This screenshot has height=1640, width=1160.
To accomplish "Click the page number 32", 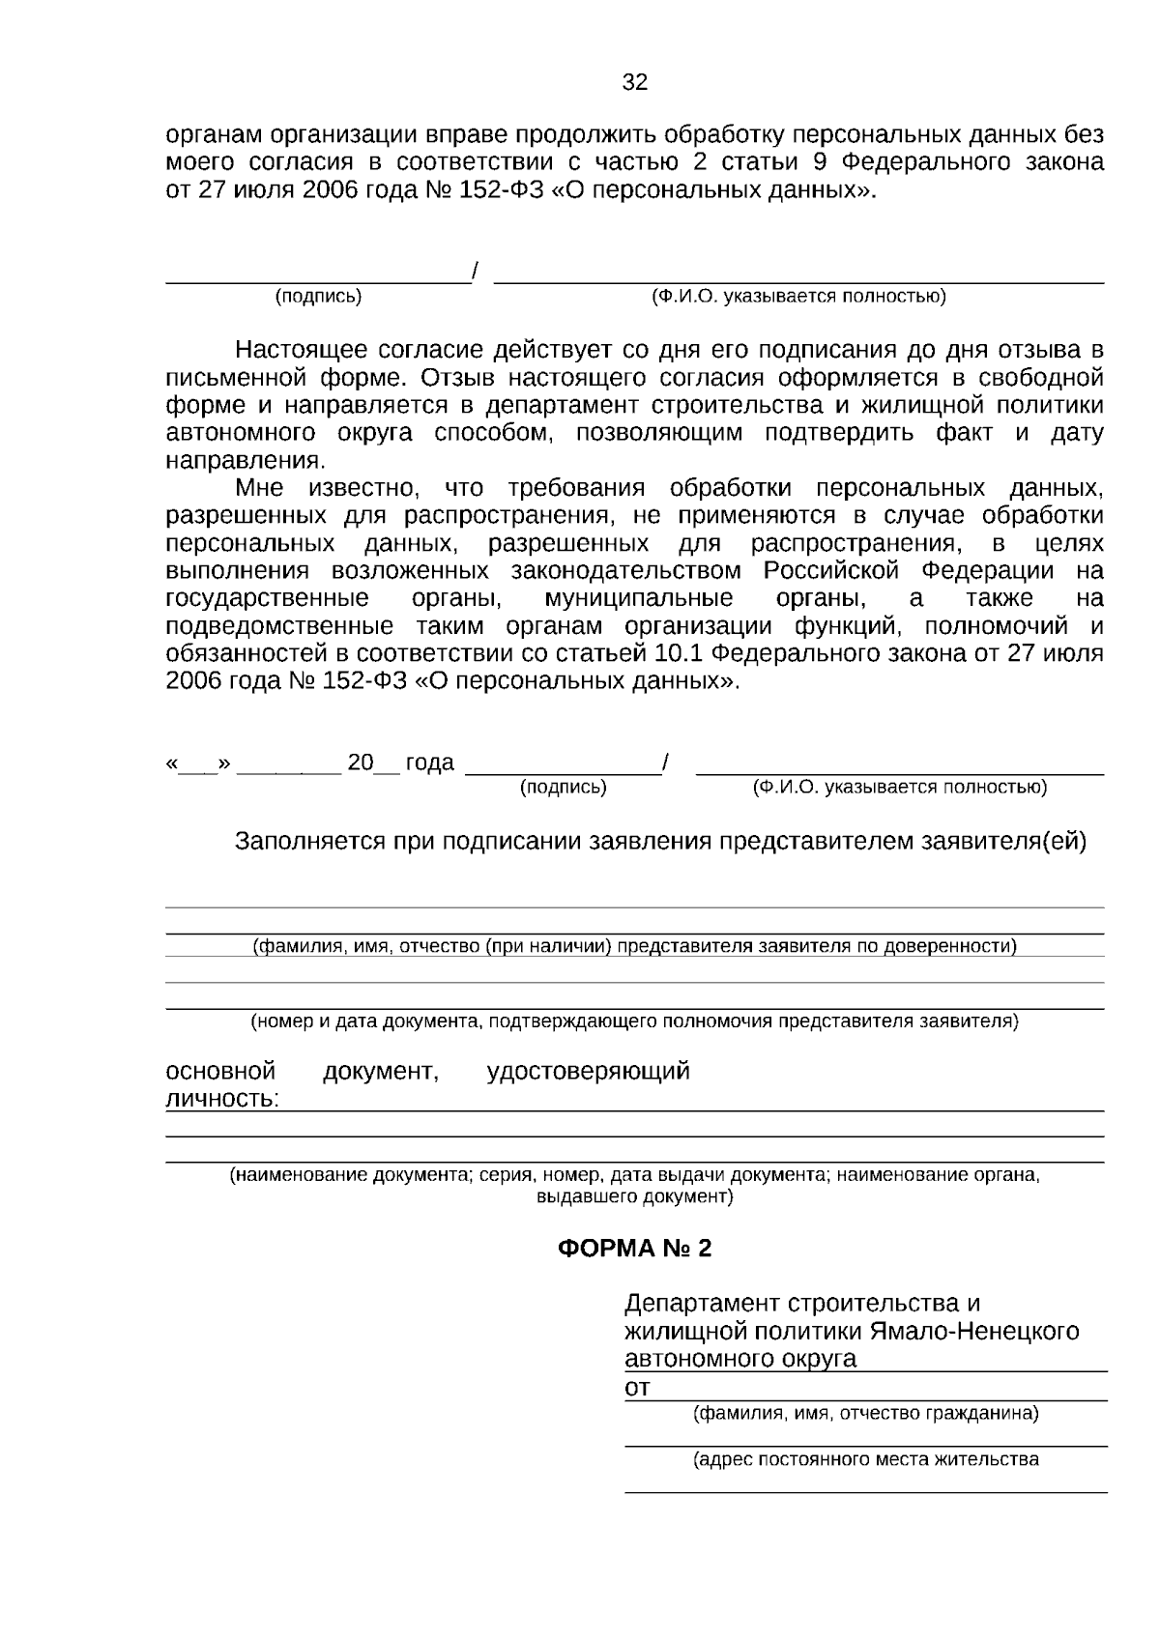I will click(x=634, y=82).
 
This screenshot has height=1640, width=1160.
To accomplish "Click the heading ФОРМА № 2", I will click(x=634, y=1249).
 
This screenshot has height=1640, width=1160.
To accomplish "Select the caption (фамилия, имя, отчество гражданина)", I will click(x=865, y=1413).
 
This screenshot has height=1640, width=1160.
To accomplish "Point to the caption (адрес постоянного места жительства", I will click(x=865, y=1459).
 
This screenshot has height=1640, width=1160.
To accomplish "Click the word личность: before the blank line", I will click(x=222, y=1099).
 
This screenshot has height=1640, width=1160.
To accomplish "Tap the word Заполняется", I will click(x=309, y=841).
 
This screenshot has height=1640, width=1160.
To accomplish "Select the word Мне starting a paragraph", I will click(x=259, y=487).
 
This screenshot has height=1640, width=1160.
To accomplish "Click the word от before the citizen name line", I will click(x=637, y=1388).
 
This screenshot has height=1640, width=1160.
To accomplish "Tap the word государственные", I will click(x=267, y=598).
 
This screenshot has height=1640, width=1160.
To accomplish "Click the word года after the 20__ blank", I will click(x=429, y=762).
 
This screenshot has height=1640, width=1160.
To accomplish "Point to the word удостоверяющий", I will click(x=588, y=1071).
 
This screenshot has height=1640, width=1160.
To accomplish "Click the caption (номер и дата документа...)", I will click(x=634, y=1021).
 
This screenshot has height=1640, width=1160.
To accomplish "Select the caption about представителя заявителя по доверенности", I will click(x=634, y=946).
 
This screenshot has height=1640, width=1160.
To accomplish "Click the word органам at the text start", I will click(x=208, y=134).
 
